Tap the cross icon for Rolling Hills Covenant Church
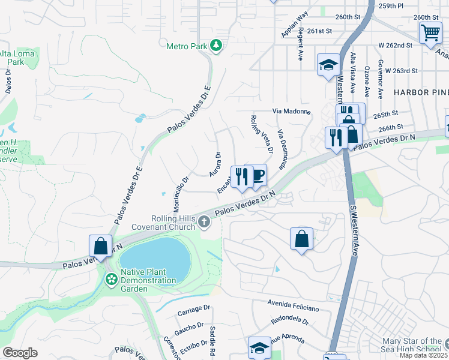[204, 223]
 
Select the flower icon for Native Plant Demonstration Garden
[111, 279]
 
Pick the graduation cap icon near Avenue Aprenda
[259, 347]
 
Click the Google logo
[20, 353]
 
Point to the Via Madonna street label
[291, 112]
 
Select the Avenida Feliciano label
[289, 304]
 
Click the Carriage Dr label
[194, 311]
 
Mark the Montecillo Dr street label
[181, 193]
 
